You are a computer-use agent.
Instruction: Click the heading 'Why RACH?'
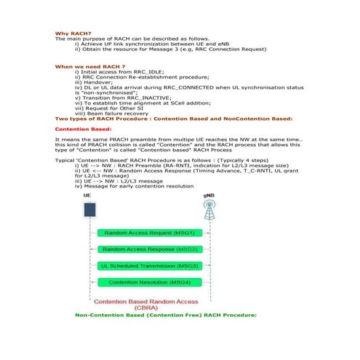(73, 33)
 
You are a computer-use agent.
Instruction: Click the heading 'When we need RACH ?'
(85, 66)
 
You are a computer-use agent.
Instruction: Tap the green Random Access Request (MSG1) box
(148, 233)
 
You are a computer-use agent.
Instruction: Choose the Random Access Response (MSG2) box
(148, 249)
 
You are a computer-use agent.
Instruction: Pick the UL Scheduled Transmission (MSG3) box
(148, 265)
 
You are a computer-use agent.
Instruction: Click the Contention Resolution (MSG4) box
(148, 281)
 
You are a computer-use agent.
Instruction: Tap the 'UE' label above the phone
(88, 196)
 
